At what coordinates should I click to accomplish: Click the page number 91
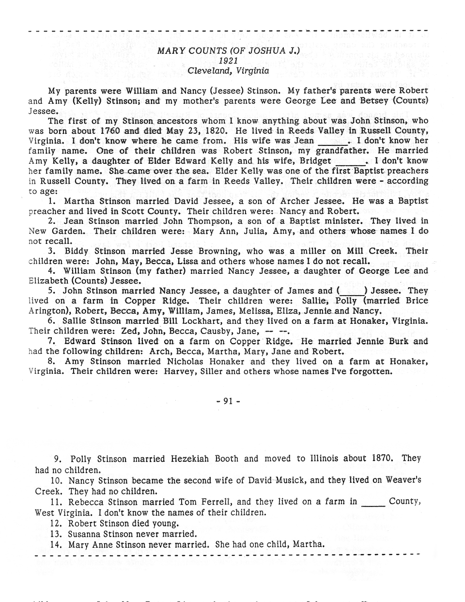point(229,401)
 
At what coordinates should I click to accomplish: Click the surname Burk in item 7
point(402,341)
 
